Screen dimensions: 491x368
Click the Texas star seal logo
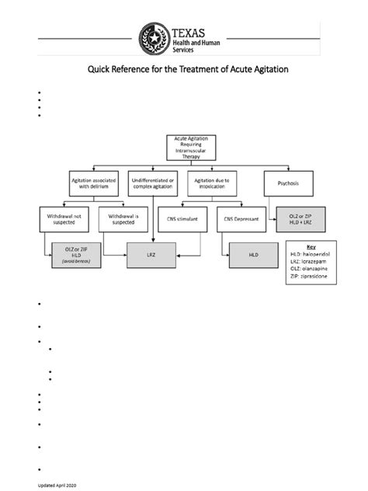click(x=154, y=38)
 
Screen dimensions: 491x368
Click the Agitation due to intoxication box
click(x=212, y=183)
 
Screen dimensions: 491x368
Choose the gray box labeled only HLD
click(x=253, y=254)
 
